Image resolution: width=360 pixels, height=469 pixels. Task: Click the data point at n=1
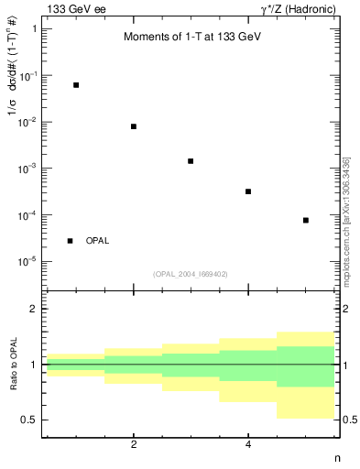[76, 85]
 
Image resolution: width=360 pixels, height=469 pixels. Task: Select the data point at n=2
[134, 126]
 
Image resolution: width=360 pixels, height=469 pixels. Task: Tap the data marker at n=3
[191, 161]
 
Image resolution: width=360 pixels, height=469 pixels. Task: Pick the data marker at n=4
[248, 191]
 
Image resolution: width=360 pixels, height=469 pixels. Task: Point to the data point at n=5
[306, 221]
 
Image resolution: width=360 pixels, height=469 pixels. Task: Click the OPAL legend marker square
[71, 241]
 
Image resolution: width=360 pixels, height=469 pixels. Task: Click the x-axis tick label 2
[134, 444]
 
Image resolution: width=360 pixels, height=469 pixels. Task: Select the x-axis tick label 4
[248, 444]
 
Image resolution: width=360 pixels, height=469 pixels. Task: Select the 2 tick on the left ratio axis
[34, 310]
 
